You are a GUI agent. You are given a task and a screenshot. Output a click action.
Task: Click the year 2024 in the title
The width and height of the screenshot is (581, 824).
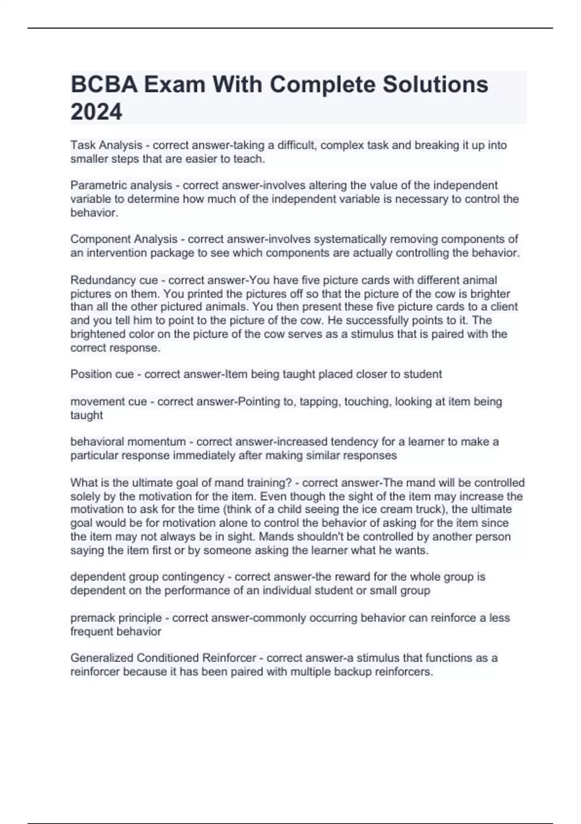coord(96,112)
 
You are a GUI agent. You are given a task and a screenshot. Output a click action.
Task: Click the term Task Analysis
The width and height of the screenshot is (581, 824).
coord(107,145)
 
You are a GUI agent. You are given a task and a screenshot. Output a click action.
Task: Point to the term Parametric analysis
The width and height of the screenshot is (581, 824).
coord(121,185)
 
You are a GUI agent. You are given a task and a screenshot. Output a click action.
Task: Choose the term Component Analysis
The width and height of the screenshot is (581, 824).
coord(124,239)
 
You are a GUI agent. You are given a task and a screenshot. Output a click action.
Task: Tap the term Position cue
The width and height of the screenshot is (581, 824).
coord(102,374)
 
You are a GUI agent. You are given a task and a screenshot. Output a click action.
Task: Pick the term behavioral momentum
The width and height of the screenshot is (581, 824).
coord(128,442)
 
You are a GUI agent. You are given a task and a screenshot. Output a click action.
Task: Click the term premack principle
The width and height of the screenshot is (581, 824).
coord(116,618)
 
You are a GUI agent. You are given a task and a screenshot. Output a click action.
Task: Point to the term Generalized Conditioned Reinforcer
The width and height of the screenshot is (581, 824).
coord(163,658)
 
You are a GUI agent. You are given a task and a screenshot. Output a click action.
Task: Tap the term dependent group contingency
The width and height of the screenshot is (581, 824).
coord(147,577)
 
